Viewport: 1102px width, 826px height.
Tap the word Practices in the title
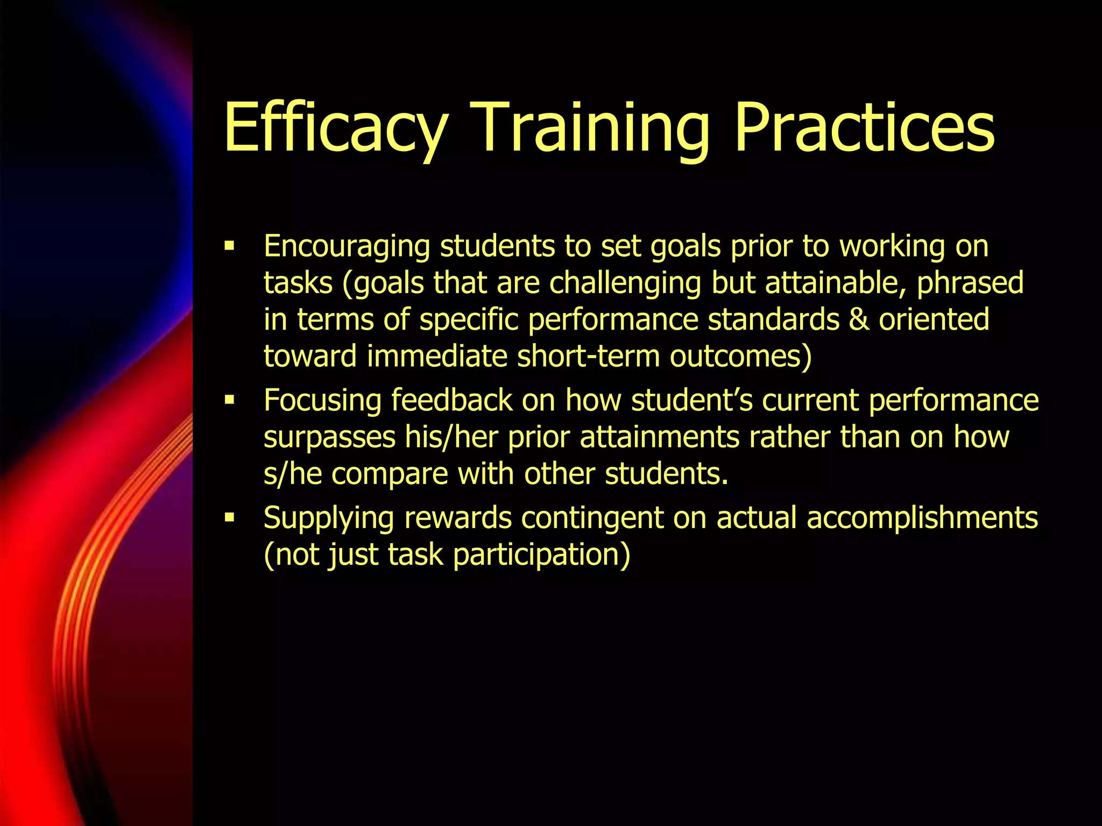click(x=864, y=129)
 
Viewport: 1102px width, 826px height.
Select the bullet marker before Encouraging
click(x=230, y=247)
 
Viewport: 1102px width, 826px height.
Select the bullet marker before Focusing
click(x=230, y=401)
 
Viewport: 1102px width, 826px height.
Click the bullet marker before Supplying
click(x=230, y=518)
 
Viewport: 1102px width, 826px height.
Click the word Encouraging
click(x=347, y=247)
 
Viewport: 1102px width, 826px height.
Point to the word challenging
click(x=625, y=283)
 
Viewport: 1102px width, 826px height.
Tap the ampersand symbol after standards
click(x=859, y=319)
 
